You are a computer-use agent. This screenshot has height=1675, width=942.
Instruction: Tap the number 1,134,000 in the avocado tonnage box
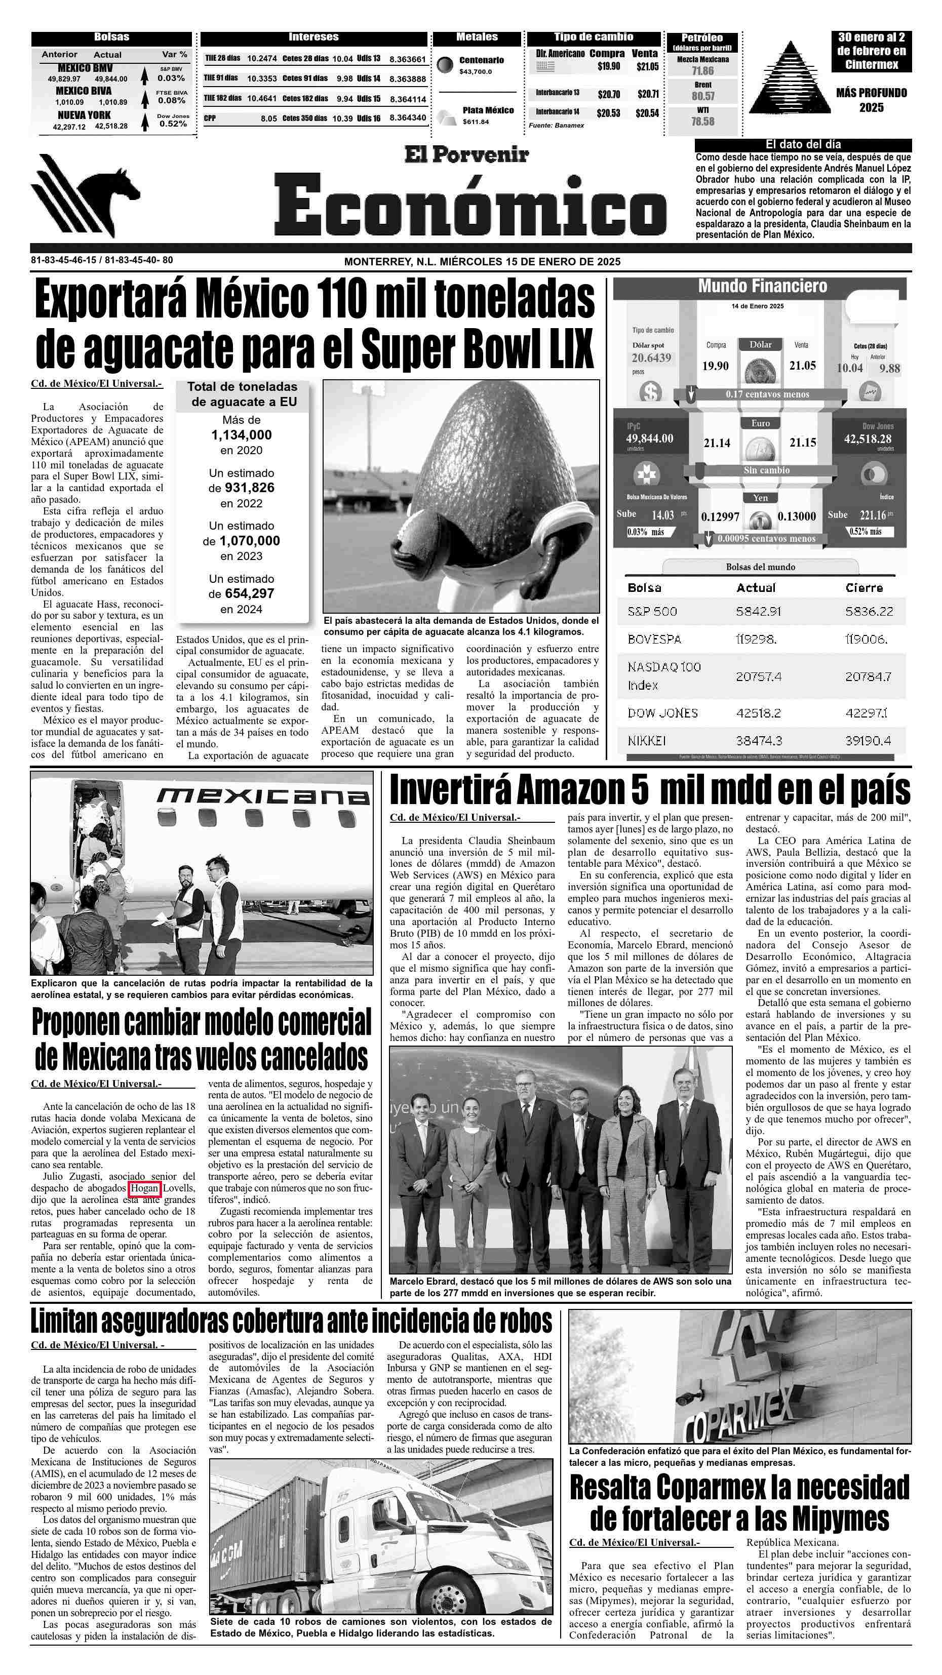click(242, 435)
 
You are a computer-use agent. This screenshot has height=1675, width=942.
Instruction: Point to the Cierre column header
click(864, 588)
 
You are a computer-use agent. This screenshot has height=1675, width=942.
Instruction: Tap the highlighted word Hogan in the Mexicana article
click(144, 1188)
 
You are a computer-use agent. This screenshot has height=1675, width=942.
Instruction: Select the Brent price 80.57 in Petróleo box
click(702, 96)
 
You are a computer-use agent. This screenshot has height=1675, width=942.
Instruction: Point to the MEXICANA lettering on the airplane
click(263, 796)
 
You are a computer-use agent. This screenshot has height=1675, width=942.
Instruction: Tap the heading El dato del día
click(803, 144)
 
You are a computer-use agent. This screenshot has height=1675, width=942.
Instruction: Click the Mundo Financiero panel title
click(762, 286)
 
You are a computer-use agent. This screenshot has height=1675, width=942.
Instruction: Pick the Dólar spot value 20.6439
click(651, 357)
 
